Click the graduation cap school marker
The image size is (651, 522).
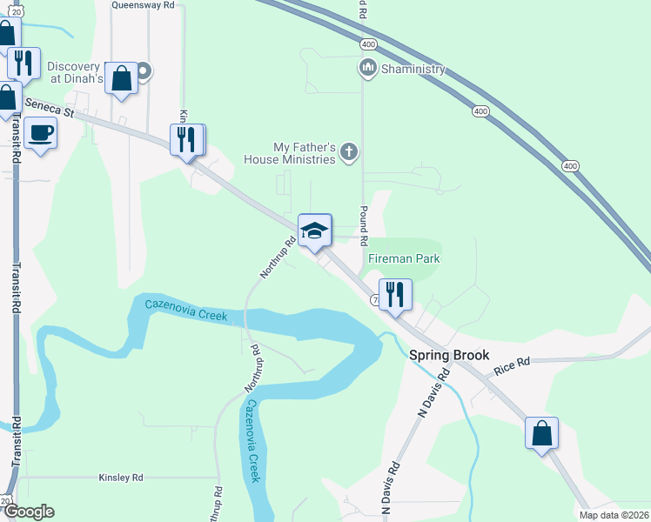click(315, 230)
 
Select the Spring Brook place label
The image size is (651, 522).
click(449, 355)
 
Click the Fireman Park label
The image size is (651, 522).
click(404, 258)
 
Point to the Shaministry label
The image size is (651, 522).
click(413, 69)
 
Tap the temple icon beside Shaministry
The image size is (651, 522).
click(367, 68)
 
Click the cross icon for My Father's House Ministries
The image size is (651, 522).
click(348, 153)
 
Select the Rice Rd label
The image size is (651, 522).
click(511, 366)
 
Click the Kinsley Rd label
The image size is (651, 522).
click(120, 478)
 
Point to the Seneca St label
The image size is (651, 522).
click(50, 108)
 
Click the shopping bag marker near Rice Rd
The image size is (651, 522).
click(541, 433)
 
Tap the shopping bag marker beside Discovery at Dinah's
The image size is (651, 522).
click(122, 77)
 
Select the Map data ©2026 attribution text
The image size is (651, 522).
click(614, 515)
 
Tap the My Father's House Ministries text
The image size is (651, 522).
click(304, 153)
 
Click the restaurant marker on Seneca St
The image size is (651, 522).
click(186, 139)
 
